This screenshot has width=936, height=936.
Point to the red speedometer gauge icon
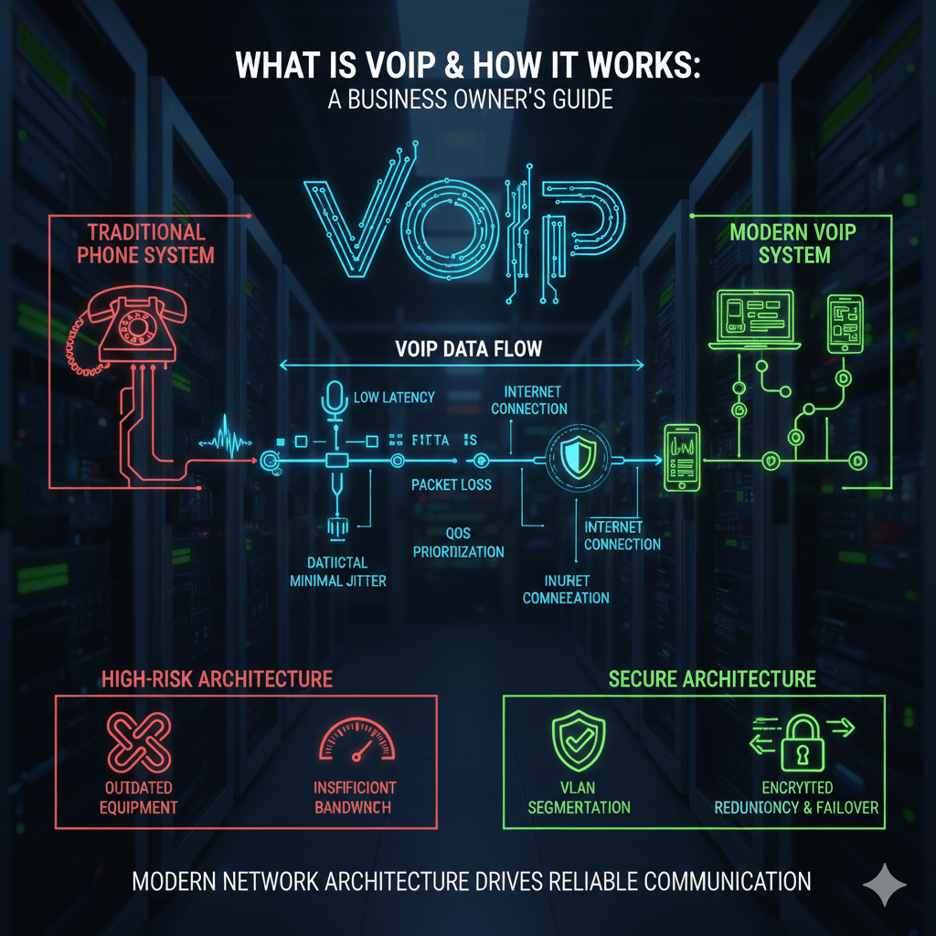click(x=356, y=741)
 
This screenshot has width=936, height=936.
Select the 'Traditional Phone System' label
click(x=146, y=243)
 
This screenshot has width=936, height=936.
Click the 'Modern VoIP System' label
click(x=793, y=243)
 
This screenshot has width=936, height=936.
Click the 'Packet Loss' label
click(x=452, y=484)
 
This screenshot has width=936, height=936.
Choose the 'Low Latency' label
click(x=393, y=397)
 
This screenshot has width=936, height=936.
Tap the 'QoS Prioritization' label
click(x=458, y=542)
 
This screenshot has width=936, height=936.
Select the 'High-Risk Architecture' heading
click(x=218, y=678)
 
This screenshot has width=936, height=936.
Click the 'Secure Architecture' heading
click(x=712, y=678)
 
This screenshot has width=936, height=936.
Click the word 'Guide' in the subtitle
click(x=577, y=99)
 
